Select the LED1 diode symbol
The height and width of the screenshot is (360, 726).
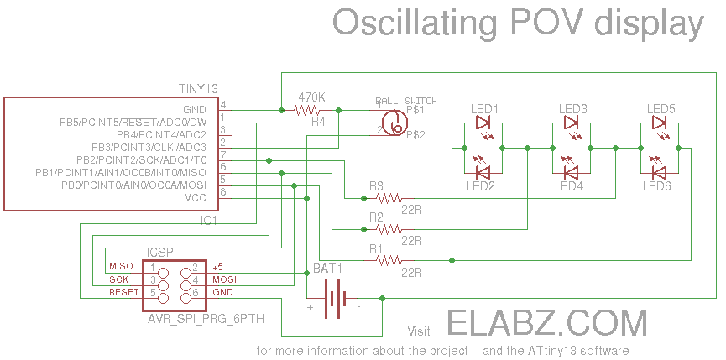point(484,123)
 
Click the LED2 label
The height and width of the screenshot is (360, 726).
point(481,186)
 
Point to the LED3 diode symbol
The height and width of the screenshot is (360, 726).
point(572,123)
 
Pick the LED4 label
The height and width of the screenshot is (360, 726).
point(569,186)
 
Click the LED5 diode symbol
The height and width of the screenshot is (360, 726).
point(661,123)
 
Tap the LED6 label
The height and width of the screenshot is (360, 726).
point(657,186)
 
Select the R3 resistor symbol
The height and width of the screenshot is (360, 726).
point(389,199)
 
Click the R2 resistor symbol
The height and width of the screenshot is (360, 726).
point(389,229)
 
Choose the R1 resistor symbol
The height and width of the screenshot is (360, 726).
point(389,261)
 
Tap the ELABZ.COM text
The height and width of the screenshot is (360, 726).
point(546,324)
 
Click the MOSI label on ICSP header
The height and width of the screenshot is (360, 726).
point(223,279)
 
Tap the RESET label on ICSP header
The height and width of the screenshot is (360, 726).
point(123,292)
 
